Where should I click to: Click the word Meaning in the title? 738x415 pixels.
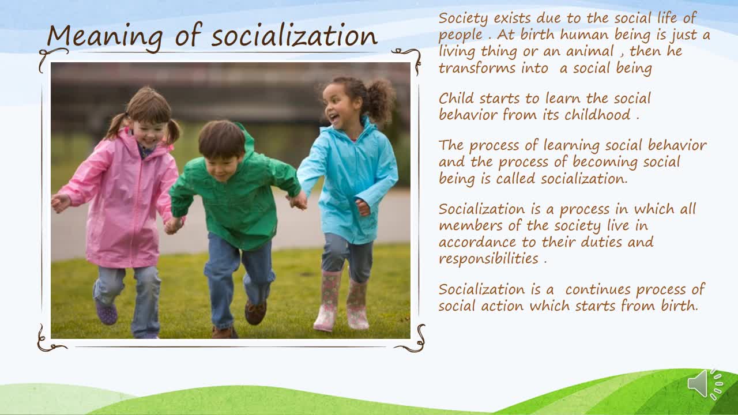[105, 37]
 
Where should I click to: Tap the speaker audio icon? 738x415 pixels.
[705, 384]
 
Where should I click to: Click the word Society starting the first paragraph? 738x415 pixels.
[463, 18]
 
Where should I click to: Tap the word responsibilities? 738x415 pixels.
[488, 259]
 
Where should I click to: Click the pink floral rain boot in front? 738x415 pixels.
[327, 300]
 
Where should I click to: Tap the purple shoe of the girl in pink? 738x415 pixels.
[106, 312]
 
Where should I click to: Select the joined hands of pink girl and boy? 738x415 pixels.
[174, 225]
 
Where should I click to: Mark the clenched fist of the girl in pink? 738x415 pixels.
[61, 202]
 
